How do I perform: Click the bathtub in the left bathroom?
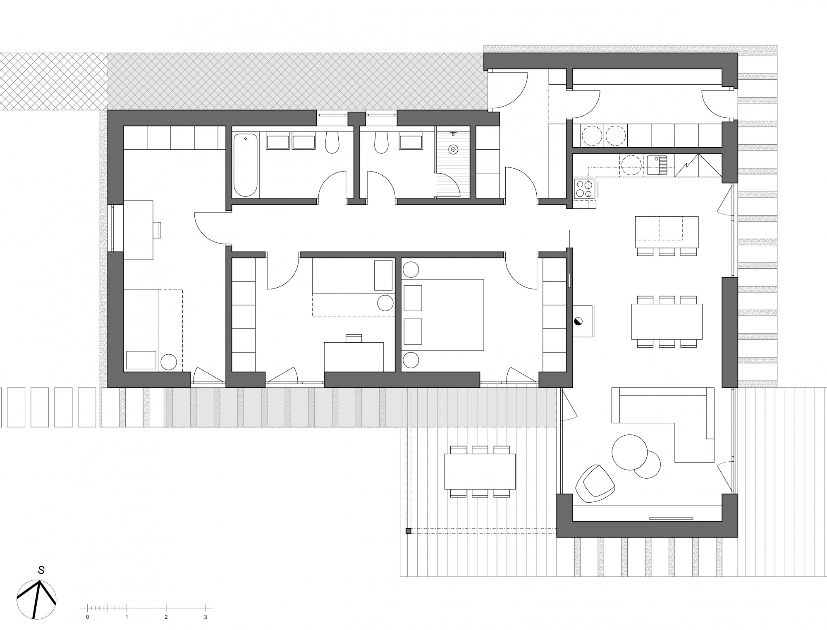coord(245,165)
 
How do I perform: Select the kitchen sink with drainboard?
coord(657,165)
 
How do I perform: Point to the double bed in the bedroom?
coord(442,315)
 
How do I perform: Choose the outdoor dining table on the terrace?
coord(480,471)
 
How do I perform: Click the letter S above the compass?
coord(41,570)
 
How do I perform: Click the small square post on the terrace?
coord(408,531)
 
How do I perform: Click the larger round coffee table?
coord(629,452)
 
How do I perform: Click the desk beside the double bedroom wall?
coord(354,356)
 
